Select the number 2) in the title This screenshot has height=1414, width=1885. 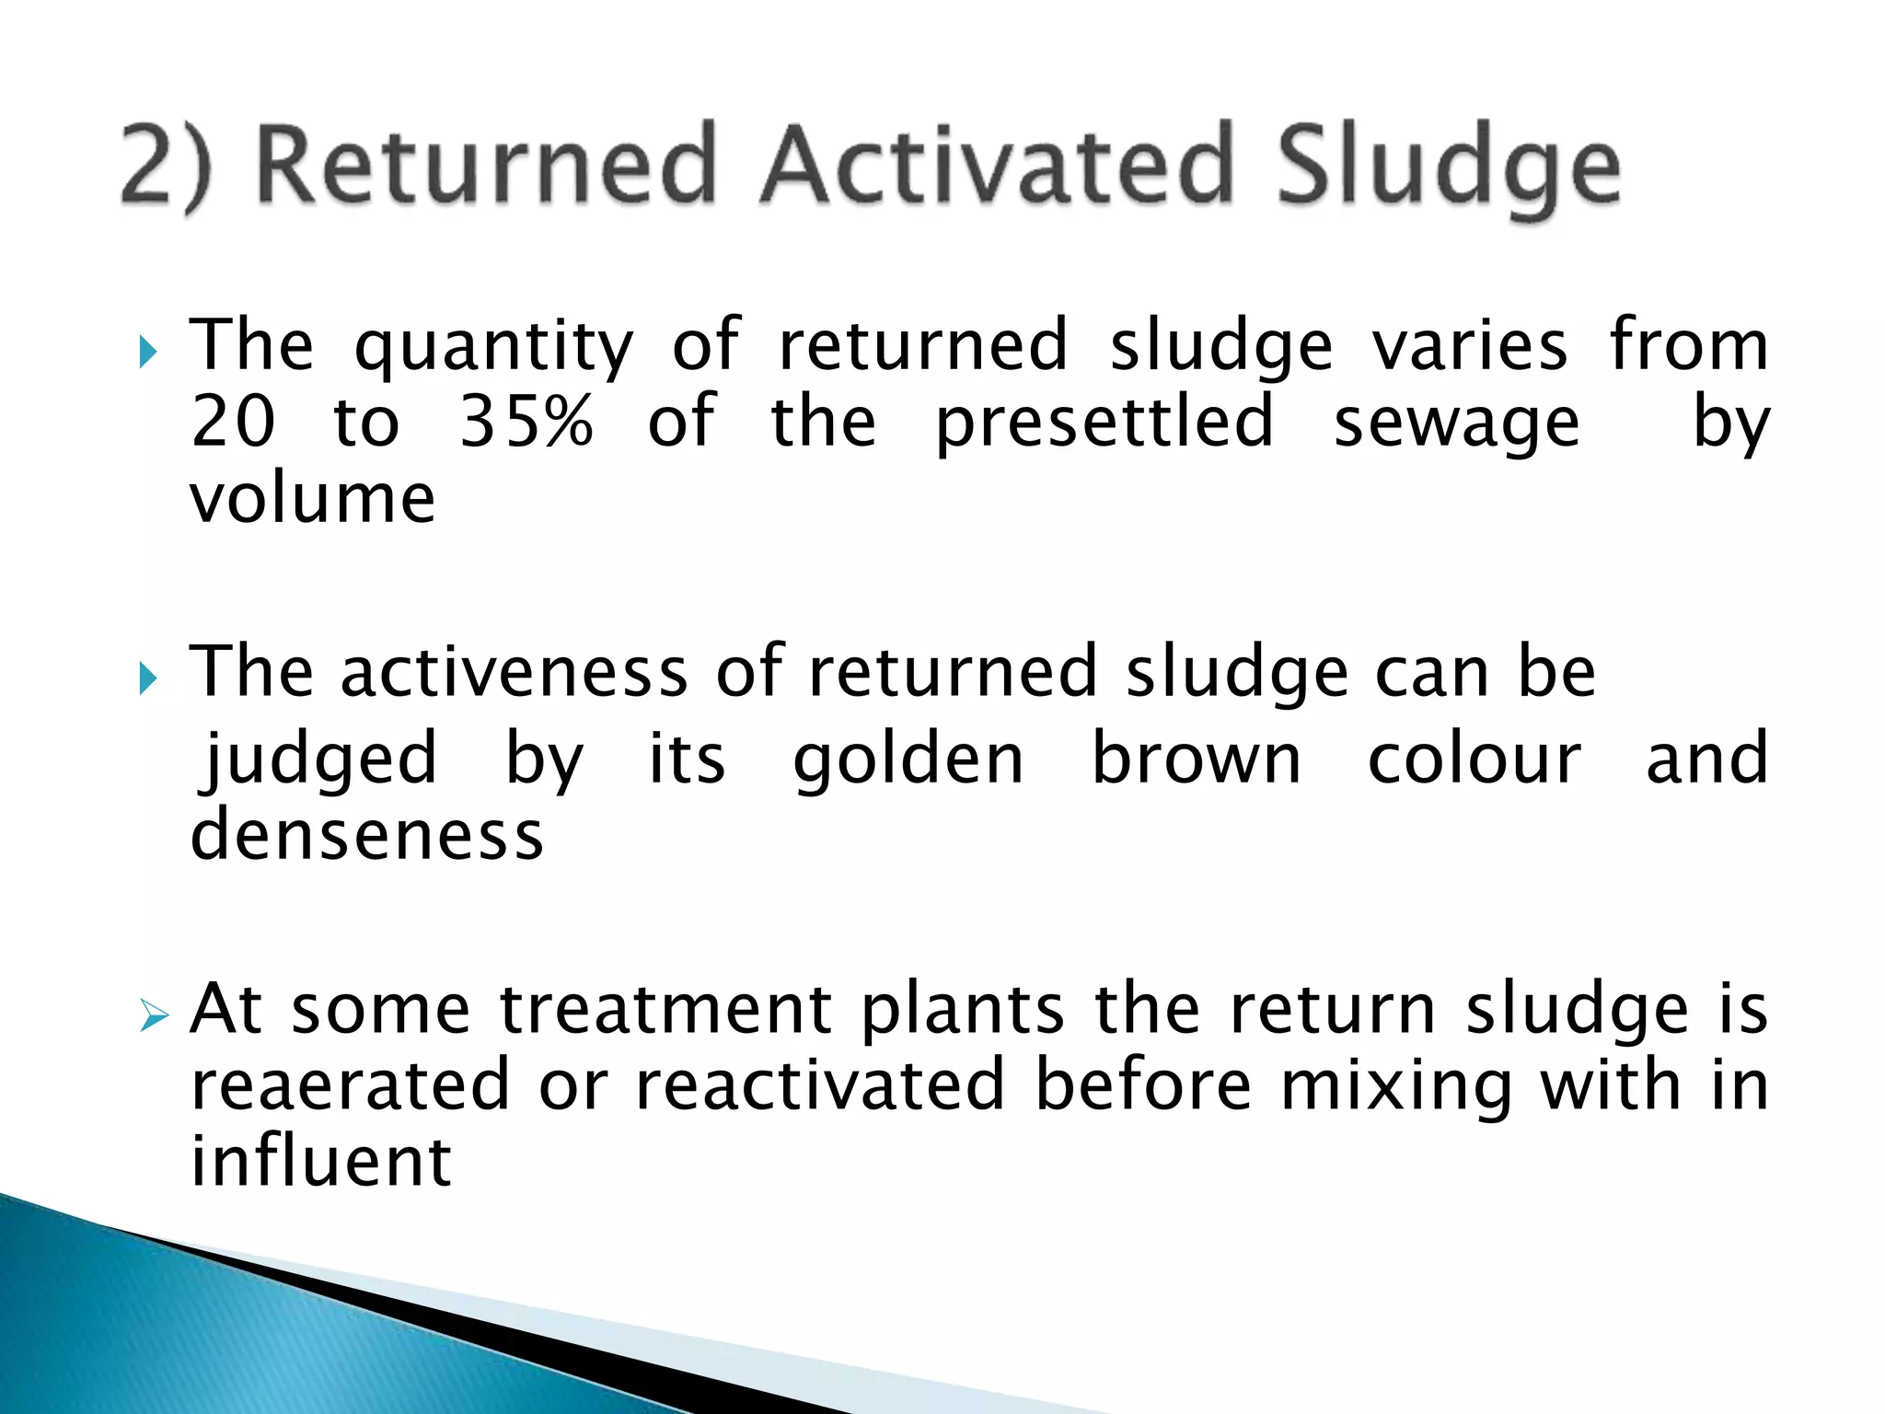166,166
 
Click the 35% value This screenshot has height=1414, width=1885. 526,422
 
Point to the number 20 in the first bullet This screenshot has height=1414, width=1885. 233,422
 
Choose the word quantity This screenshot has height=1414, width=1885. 494,348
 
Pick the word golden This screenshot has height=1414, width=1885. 908,759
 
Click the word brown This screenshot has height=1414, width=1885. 1196,759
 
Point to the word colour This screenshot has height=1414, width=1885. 1474,759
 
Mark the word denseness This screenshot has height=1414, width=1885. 366,835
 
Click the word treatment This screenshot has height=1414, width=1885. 666,1010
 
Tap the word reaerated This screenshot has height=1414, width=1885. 350,1085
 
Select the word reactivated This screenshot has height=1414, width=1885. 820,1085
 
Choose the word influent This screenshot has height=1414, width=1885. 320,1161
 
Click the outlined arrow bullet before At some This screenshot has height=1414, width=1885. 154,1017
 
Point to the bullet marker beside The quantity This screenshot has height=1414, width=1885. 148,352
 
